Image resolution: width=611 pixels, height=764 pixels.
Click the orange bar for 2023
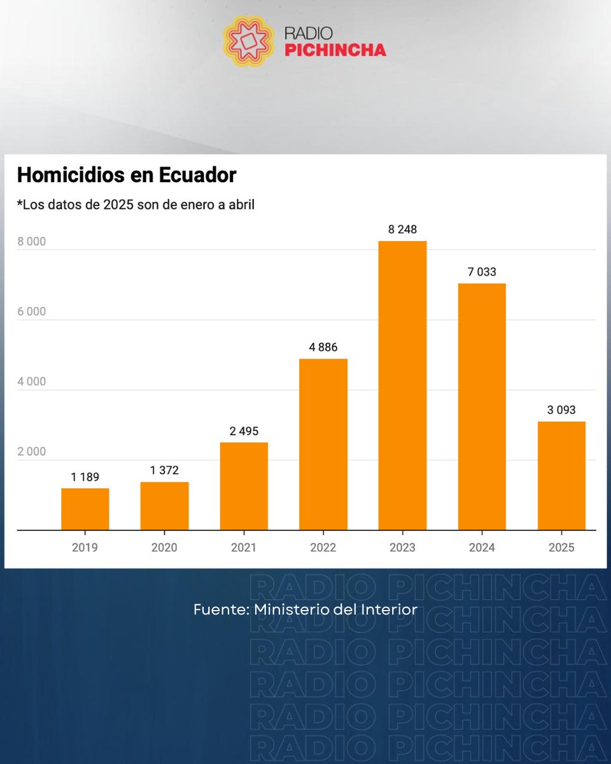(x=402, y=385)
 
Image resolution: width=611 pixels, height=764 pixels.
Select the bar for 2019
(x=85, y=509)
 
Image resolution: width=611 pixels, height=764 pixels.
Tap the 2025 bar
(x=561, y=475)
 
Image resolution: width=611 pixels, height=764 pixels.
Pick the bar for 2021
(x=244, y=486)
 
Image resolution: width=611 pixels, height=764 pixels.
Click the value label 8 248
(x=402, y=229)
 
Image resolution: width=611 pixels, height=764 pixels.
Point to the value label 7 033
(x=482, y=272)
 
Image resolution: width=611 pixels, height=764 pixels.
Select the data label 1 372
(x=164, y=470)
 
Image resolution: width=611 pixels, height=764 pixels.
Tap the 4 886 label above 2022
(x=323, y=348)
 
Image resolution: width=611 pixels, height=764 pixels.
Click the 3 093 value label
(x=561, y=410)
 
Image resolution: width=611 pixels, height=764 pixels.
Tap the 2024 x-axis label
(x=482, y=548)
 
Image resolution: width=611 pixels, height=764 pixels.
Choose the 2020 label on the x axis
(x=164, y=548)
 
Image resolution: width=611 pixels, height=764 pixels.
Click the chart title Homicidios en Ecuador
(x=126, y=175)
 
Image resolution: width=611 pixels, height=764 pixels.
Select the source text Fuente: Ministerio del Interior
(x=305, y=609)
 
